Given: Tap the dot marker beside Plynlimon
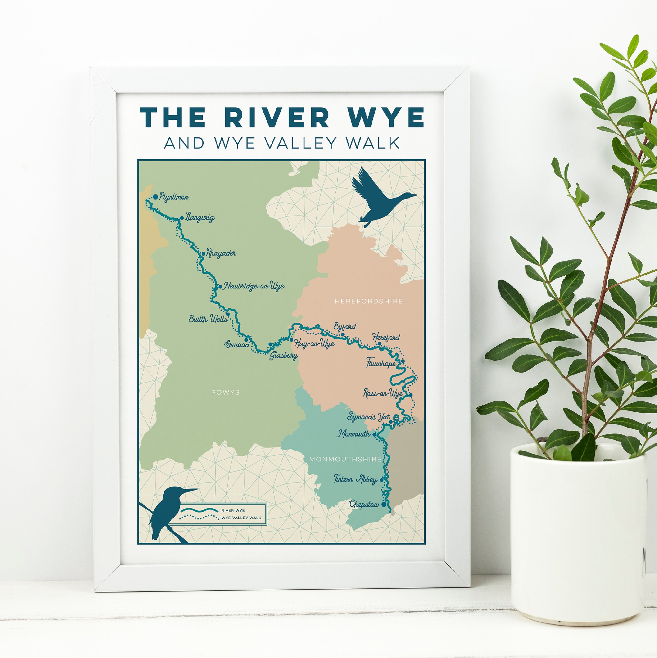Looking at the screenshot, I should [156, 197].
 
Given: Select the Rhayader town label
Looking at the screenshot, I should [221, 253].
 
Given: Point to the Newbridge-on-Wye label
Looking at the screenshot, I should [254, 286].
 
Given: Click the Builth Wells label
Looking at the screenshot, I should [208, 319].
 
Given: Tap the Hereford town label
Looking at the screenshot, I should [386, 337].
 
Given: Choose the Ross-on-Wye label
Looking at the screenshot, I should [383, 393].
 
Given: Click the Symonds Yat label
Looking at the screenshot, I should [368, 417].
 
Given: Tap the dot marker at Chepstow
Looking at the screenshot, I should [384, 505].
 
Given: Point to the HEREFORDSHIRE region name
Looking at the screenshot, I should [368, 301].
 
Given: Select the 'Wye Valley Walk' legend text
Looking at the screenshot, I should [241, 518].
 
